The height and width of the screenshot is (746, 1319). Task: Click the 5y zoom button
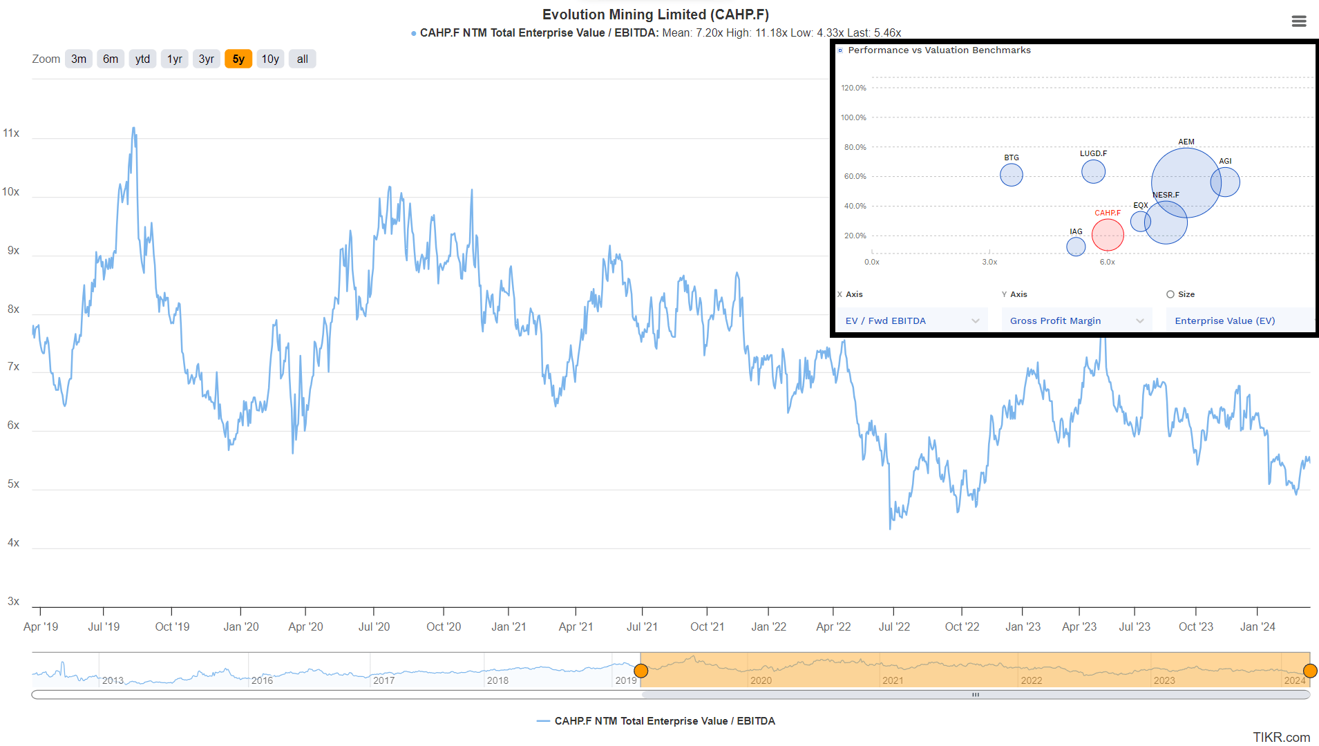coord(238,59)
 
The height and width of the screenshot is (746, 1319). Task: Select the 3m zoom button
coord(79,59)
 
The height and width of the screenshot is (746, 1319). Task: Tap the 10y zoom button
coord(270,59)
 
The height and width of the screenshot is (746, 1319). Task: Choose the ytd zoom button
coord(142,59)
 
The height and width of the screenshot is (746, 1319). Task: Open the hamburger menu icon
coord(1299,21)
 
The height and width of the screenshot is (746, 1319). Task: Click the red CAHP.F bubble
coord(1108,235)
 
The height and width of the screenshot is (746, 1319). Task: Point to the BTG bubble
coord(1012,175)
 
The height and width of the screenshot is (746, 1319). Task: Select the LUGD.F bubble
coord(1093,171)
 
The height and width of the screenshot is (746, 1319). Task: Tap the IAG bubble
coord(1076,247)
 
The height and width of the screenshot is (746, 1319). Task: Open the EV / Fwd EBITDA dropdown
coord(912,321)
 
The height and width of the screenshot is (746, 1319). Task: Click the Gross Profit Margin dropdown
coord(1076,321)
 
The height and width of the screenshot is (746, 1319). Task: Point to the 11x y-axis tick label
coord(11,133)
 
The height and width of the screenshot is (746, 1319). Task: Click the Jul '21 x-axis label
coord(642,627)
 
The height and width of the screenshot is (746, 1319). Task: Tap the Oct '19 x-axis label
coord(172,627)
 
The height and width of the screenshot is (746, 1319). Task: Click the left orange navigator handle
coord(641,671)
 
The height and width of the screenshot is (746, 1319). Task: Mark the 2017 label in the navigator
coord(383,680)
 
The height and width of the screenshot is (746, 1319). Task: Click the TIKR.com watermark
coord(1281,737)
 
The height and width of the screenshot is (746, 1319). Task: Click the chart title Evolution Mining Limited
coord(655,15)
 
